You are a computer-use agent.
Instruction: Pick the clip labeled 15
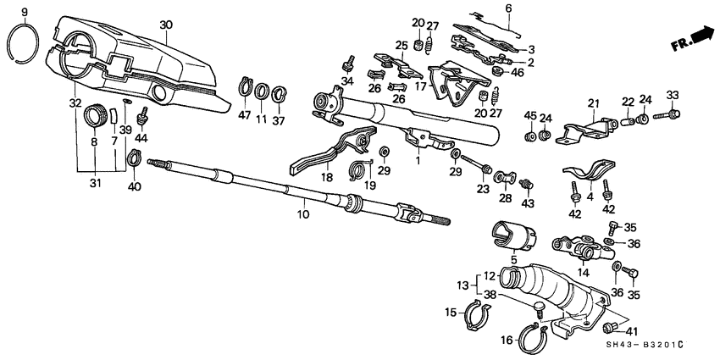(478, 314)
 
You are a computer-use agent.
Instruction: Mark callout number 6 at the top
(508, 8)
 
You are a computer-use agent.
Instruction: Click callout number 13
(462, 284)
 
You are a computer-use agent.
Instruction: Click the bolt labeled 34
(347, 64)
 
